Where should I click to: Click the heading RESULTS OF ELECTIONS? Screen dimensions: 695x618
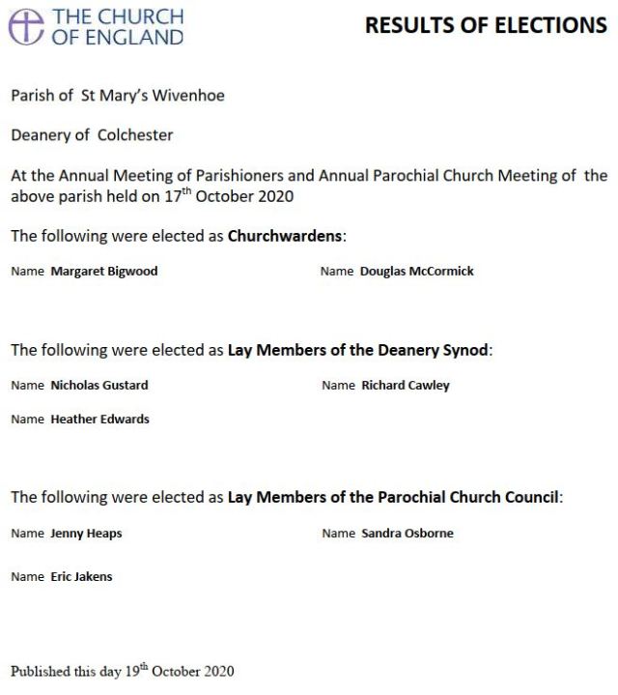486,26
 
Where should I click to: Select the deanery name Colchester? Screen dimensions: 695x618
135,135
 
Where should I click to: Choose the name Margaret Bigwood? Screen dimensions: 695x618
103,272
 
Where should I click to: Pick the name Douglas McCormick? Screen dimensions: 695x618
416,272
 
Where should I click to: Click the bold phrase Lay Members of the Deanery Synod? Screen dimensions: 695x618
358,350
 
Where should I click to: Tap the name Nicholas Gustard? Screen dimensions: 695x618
98,385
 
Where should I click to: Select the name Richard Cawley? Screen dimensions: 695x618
405,385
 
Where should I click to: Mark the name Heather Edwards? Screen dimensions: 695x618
99,420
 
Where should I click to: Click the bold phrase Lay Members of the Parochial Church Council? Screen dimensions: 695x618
393,498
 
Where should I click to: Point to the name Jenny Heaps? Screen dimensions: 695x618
86,534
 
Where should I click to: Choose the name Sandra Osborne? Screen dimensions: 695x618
407,534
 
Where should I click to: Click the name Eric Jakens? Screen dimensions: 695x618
81,577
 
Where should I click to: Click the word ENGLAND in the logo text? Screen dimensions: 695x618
134,37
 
